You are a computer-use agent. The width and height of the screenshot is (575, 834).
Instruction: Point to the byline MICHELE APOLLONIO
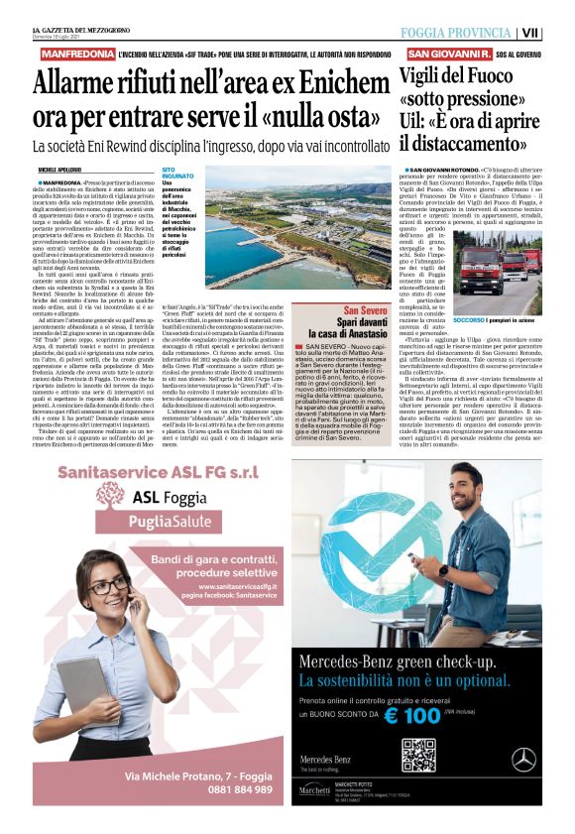[62, 171]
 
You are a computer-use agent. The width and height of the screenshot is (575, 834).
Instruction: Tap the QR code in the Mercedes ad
[418, 756]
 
